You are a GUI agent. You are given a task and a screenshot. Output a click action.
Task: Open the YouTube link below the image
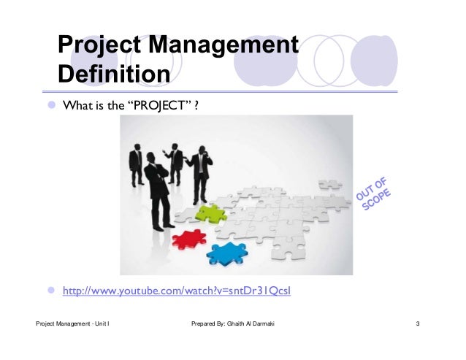pos(177,292)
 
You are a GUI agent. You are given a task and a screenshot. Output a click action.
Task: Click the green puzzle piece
pos(211,213)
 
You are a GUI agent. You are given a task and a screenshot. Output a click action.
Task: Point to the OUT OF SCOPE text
pos(375,194)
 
